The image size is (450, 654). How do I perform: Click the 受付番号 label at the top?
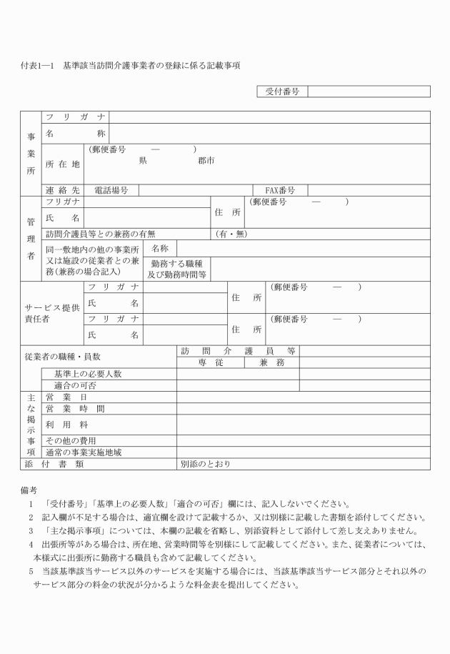click(281, 91)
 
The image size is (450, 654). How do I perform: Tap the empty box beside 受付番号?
click(369, 91)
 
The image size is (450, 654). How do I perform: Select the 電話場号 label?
click(111, 190)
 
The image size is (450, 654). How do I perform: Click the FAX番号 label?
click(281, 190)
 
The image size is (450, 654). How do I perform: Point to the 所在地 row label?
click(63, 164)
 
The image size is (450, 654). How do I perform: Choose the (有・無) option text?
click(231, 234)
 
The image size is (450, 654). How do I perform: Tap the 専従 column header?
click(211, 363)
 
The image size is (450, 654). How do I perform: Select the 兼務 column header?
click(272, 363)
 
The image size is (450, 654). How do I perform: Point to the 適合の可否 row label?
click(76, 385)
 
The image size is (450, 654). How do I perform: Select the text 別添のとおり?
click(205, 464)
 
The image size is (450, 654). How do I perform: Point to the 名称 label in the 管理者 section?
click(160, 248)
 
